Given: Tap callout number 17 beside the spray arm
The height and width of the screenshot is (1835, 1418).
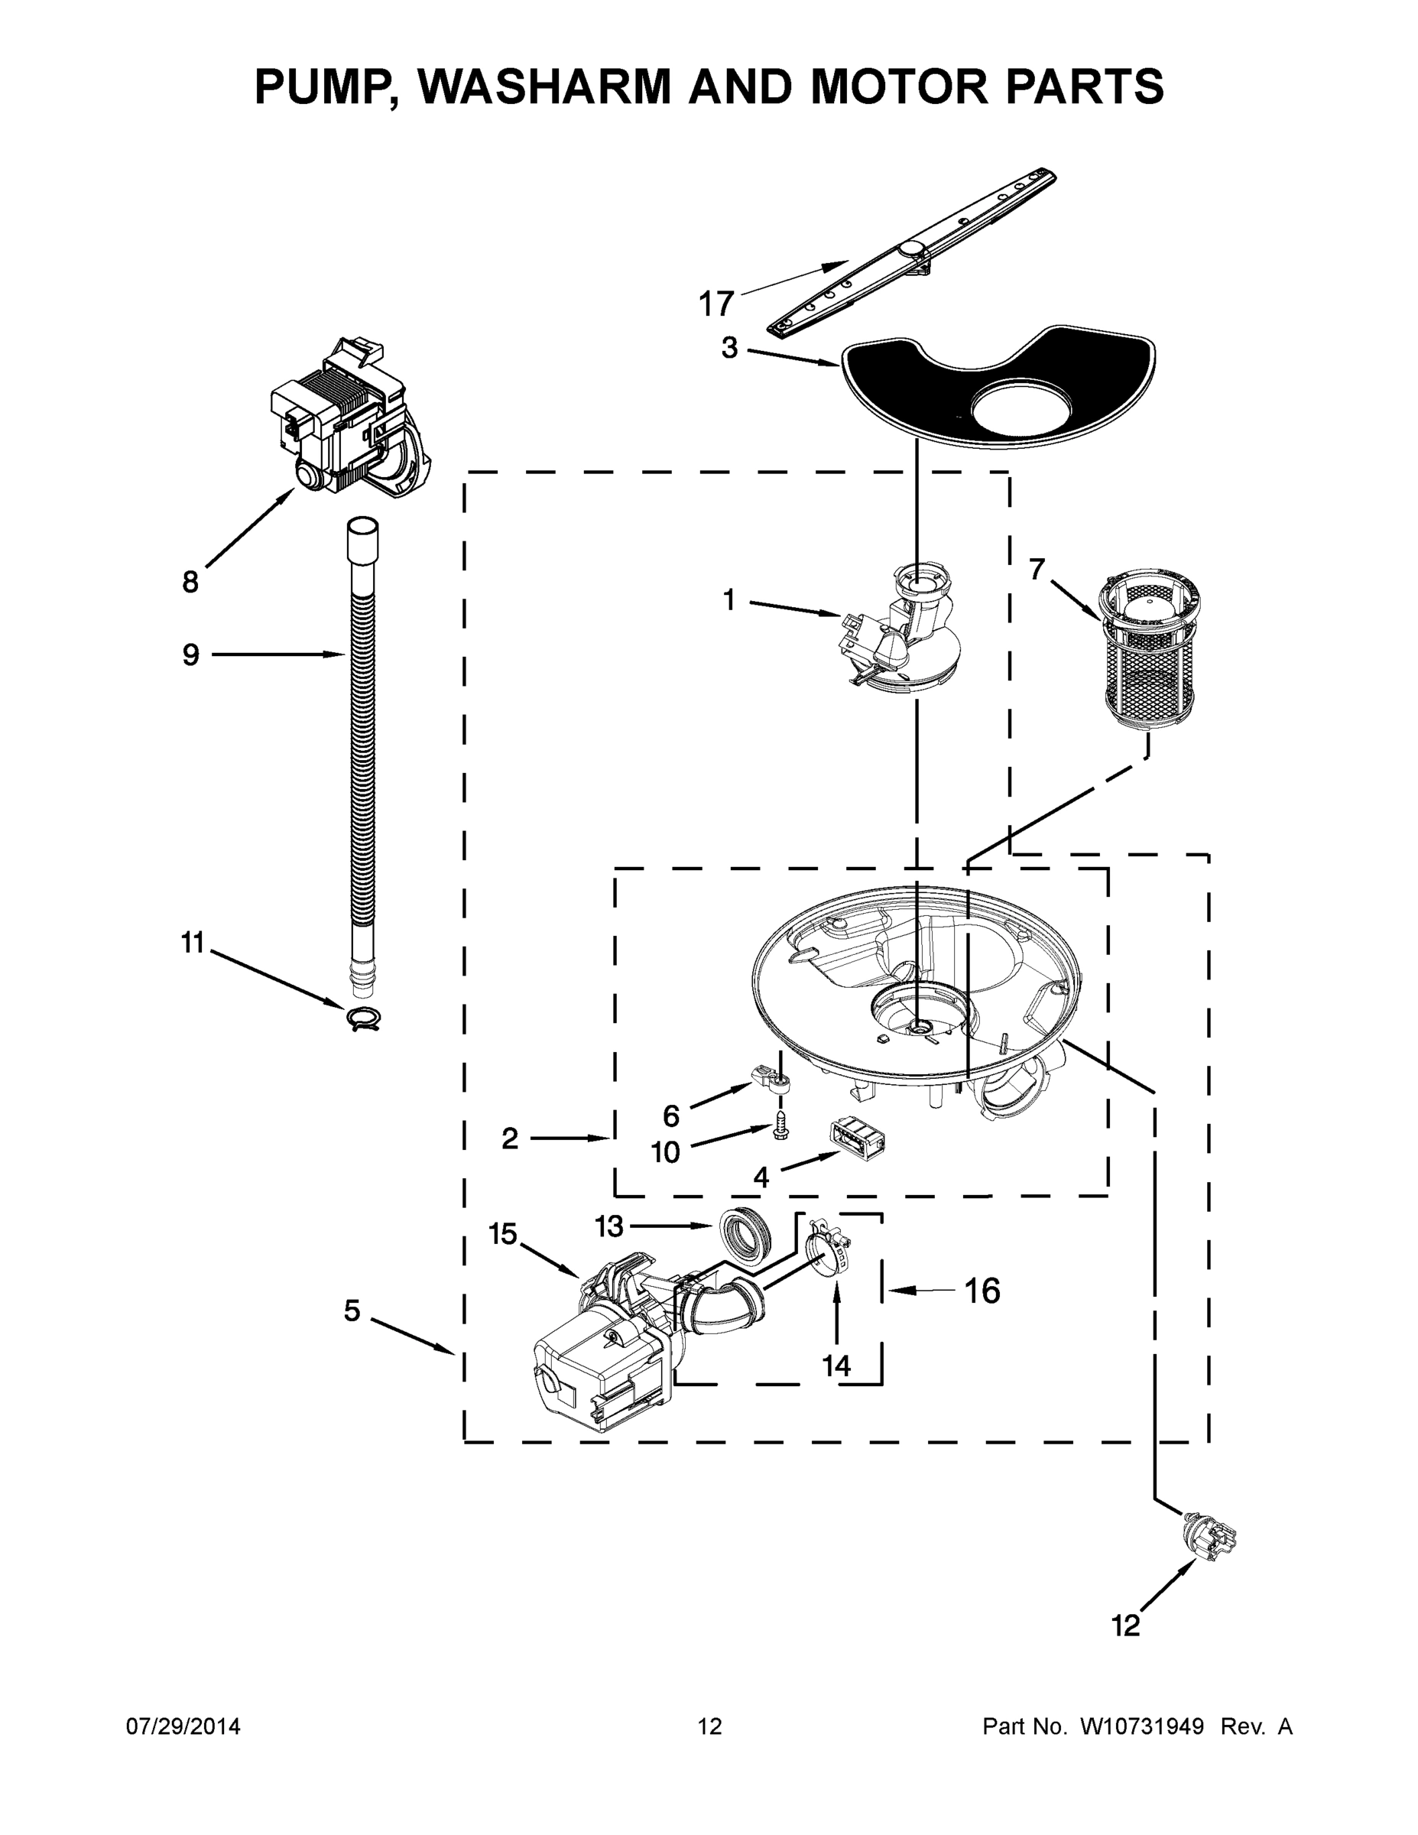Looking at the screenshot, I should click(x=716, y=304).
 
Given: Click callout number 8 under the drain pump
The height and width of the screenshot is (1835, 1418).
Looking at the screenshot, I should click(x=190, y=581).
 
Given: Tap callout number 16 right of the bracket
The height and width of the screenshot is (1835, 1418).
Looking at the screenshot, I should click(x=982, y=1291).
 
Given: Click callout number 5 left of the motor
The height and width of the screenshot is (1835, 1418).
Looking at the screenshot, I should click(x=352, y=1310).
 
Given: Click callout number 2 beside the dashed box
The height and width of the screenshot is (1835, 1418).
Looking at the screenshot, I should click(x=509, y=1138).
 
